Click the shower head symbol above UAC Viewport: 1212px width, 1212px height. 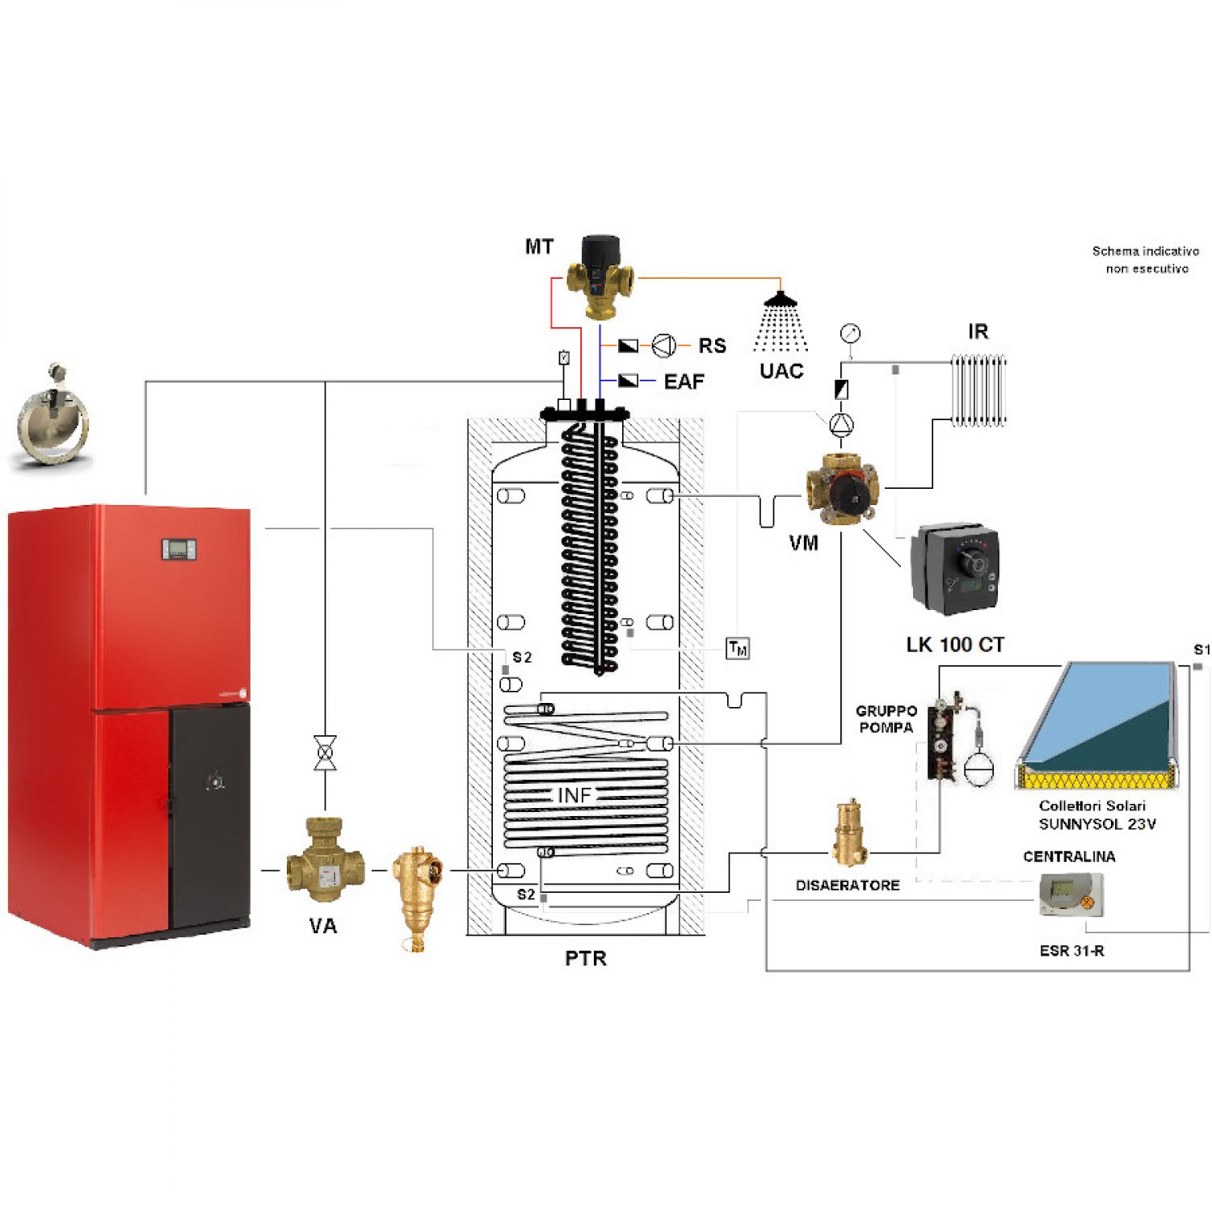pos(781,301)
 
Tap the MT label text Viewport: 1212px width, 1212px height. pos(539,246)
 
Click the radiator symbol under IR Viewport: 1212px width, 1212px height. pos(978,390)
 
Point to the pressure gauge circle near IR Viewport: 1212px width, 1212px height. pos(850,333)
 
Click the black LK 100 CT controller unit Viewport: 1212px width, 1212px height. pos(955,570)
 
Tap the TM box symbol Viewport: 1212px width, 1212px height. pos(738,648)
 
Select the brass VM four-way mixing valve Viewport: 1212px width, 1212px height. pos(842,490)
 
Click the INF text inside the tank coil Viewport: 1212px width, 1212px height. pos(574,796)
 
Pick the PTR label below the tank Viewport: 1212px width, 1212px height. pos(585,958)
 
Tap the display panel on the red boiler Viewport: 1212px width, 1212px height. pos(179,549)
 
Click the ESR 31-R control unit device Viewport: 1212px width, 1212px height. pos(1071,894)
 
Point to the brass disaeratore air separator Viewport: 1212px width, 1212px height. pos(850,832)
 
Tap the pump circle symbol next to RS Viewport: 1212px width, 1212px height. pos(664,346)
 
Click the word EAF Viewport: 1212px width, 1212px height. pos(684,381)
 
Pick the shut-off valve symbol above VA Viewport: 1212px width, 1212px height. pos(325,753)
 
